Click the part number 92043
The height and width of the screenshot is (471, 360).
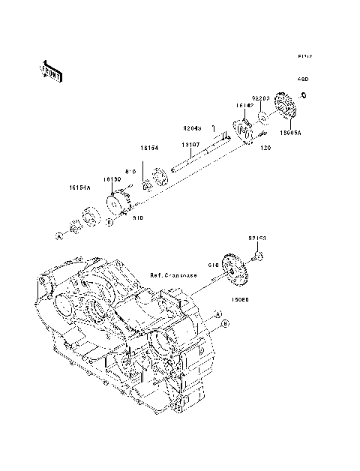pos(193,127)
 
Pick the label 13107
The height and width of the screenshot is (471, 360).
pos(190,145)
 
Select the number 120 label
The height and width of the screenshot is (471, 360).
pos(264,149)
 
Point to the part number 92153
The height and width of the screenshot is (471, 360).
pos(257,239)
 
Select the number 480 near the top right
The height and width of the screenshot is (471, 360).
pos(304,79)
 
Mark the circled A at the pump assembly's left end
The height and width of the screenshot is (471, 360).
pos(58,236)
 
